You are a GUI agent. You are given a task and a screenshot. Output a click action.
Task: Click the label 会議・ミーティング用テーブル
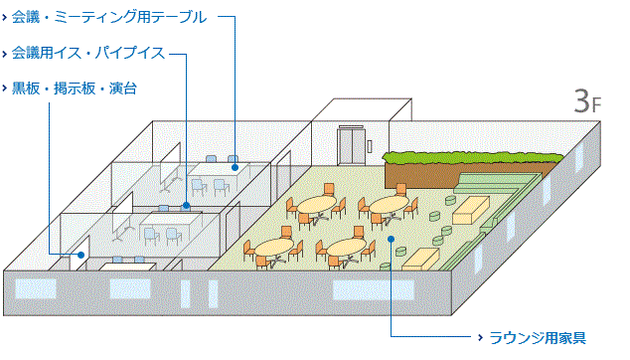[x=109, y=17]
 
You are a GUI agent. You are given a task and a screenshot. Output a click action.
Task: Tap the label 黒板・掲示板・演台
[x=75, y=89]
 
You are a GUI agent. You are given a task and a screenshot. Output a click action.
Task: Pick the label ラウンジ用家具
[x=538, y=337]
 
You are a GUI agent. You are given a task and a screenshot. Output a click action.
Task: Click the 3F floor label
[x=587, y=100]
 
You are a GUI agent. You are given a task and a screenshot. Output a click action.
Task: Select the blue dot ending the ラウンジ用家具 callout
[x=393, y=239]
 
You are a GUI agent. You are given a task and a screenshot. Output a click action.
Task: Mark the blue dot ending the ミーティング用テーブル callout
[x=236, y=167]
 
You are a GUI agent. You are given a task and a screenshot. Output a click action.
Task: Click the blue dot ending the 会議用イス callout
[x=186, y=206]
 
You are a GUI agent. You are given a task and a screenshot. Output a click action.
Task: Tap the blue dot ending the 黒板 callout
[x=79, y=256]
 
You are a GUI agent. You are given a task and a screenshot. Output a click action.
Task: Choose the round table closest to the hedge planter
[x=389, y=205]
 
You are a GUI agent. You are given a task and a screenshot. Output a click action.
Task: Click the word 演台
[x=123, y=89]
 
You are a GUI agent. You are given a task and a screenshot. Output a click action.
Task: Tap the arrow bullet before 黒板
[x=5, y=89]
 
